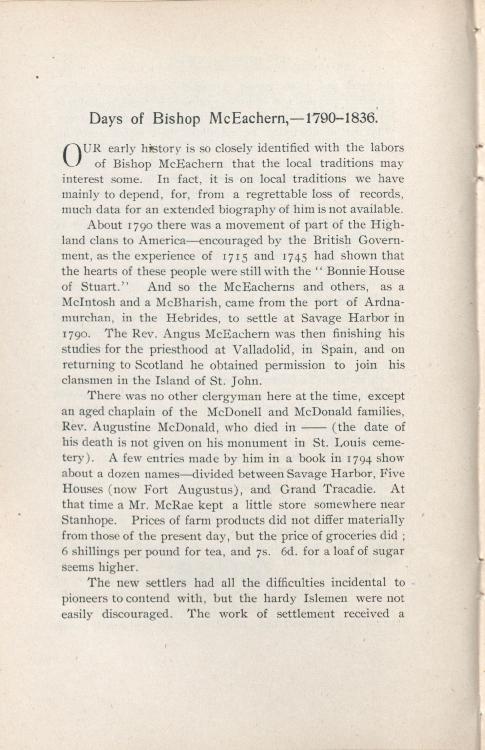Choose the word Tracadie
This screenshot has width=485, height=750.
(x=345, y=489)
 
